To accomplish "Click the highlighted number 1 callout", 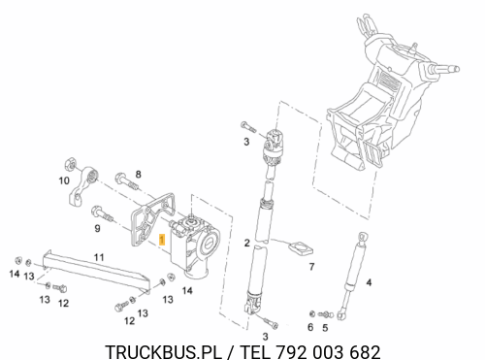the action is tap(162, 240).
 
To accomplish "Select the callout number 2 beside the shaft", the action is tap(247, 243).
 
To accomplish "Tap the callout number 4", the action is tap(369, 282).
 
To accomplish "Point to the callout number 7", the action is tap(311, 267).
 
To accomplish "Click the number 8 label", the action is tap(138, 175).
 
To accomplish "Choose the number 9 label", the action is tap(97, 229).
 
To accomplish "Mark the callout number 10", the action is tap(64, 180).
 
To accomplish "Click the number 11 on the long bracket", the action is tap(99, 257).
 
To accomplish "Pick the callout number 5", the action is tap(325, 328).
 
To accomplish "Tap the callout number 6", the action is tap(310, 327).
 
